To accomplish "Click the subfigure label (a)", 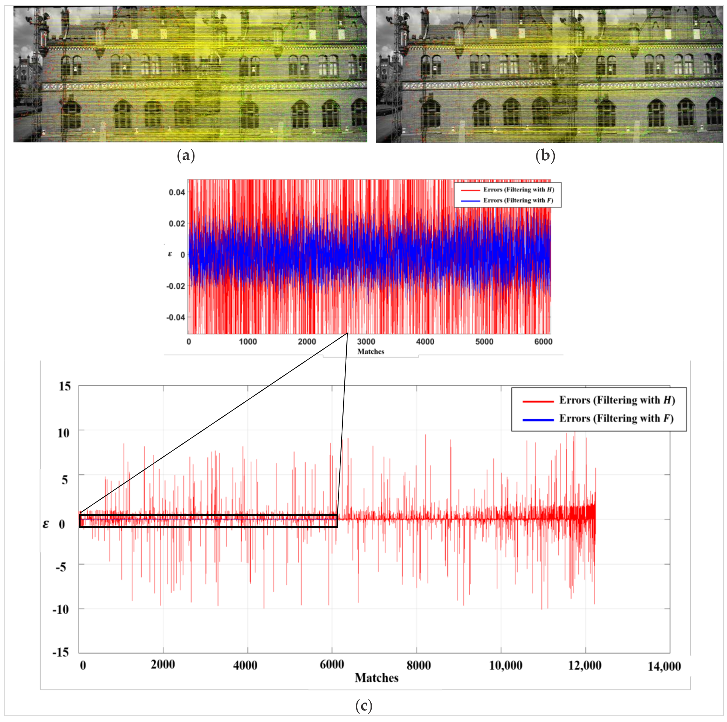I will (186, 156).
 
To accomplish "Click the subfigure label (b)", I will (545, 156).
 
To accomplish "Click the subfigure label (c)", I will (363, 706).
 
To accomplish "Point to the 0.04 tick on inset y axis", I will (177, 192).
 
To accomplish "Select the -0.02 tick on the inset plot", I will (176, 286).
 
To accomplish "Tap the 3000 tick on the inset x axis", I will (366, 342).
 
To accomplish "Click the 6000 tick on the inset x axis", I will (543, 342).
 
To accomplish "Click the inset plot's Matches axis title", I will (371, 352).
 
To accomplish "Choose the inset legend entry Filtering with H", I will (519, 189).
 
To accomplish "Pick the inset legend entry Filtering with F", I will (518, 200).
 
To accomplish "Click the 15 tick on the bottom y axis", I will (65, 386).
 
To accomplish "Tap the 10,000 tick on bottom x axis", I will (506, 665).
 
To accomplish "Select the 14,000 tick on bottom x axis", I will (664, 667).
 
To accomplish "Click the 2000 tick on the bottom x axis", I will (163, 665).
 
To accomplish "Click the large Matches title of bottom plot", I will (376, 678).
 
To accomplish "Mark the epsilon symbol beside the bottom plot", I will (46, 524).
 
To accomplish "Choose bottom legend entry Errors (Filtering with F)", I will (616, 418).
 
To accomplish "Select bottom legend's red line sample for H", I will (538, 401).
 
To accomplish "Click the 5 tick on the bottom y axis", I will (65, 480).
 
